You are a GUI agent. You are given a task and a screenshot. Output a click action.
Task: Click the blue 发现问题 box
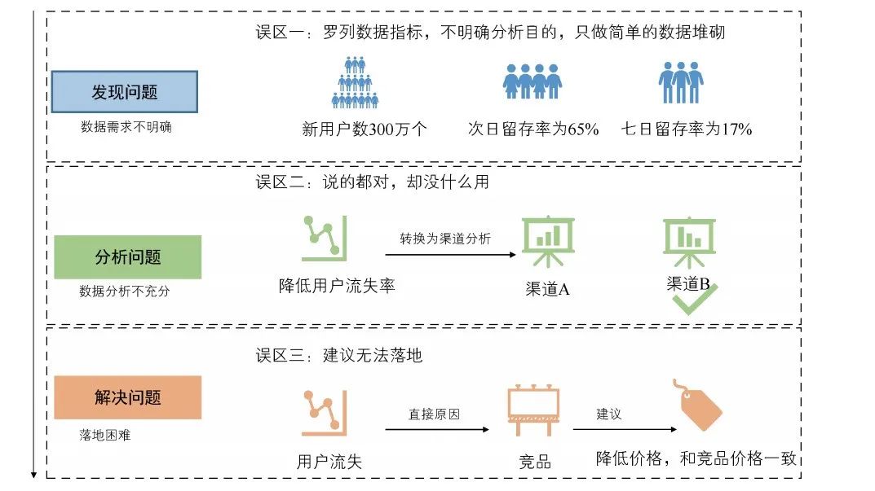coord(125,92)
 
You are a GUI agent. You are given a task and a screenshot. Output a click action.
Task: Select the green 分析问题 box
coord(128,257)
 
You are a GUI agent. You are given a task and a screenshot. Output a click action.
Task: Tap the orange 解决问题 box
coord(128,397)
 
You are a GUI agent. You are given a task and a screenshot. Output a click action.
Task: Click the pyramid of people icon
coord(355,82)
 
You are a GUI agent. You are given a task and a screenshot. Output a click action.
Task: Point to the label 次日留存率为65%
coord(533,129)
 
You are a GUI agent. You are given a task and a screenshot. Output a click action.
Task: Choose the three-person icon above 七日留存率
coord(681,82)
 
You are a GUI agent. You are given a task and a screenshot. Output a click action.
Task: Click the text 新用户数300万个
coord(365,129)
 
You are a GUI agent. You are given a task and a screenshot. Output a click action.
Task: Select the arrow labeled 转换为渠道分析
coord(450,255)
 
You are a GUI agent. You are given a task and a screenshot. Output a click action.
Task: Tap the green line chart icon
coord(325,239)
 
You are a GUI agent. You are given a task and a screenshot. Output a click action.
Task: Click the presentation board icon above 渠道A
coord(548,241)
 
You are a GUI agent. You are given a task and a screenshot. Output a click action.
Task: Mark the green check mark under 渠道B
coord(695,300)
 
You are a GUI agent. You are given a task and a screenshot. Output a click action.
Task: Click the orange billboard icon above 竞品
coord(533,410)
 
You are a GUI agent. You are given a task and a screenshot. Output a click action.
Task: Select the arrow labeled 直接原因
coord(437,430)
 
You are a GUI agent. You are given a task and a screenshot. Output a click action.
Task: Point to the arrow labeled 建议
coord(625,430)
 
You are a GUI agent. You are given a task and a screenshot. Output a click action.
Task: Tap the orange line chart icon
coord(325,413)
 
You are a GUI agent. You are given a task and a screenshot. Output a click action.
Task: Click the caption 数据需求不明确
coord(126,127)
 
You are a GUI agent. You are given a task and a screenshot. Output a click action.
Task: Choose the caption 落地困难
coord(105,435)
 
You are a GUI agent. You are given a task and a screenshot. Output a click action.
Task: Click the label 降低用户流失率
coord(337,286)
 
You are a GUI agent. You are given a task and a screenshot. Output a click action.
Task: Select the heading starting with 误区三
coord(338,355)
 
